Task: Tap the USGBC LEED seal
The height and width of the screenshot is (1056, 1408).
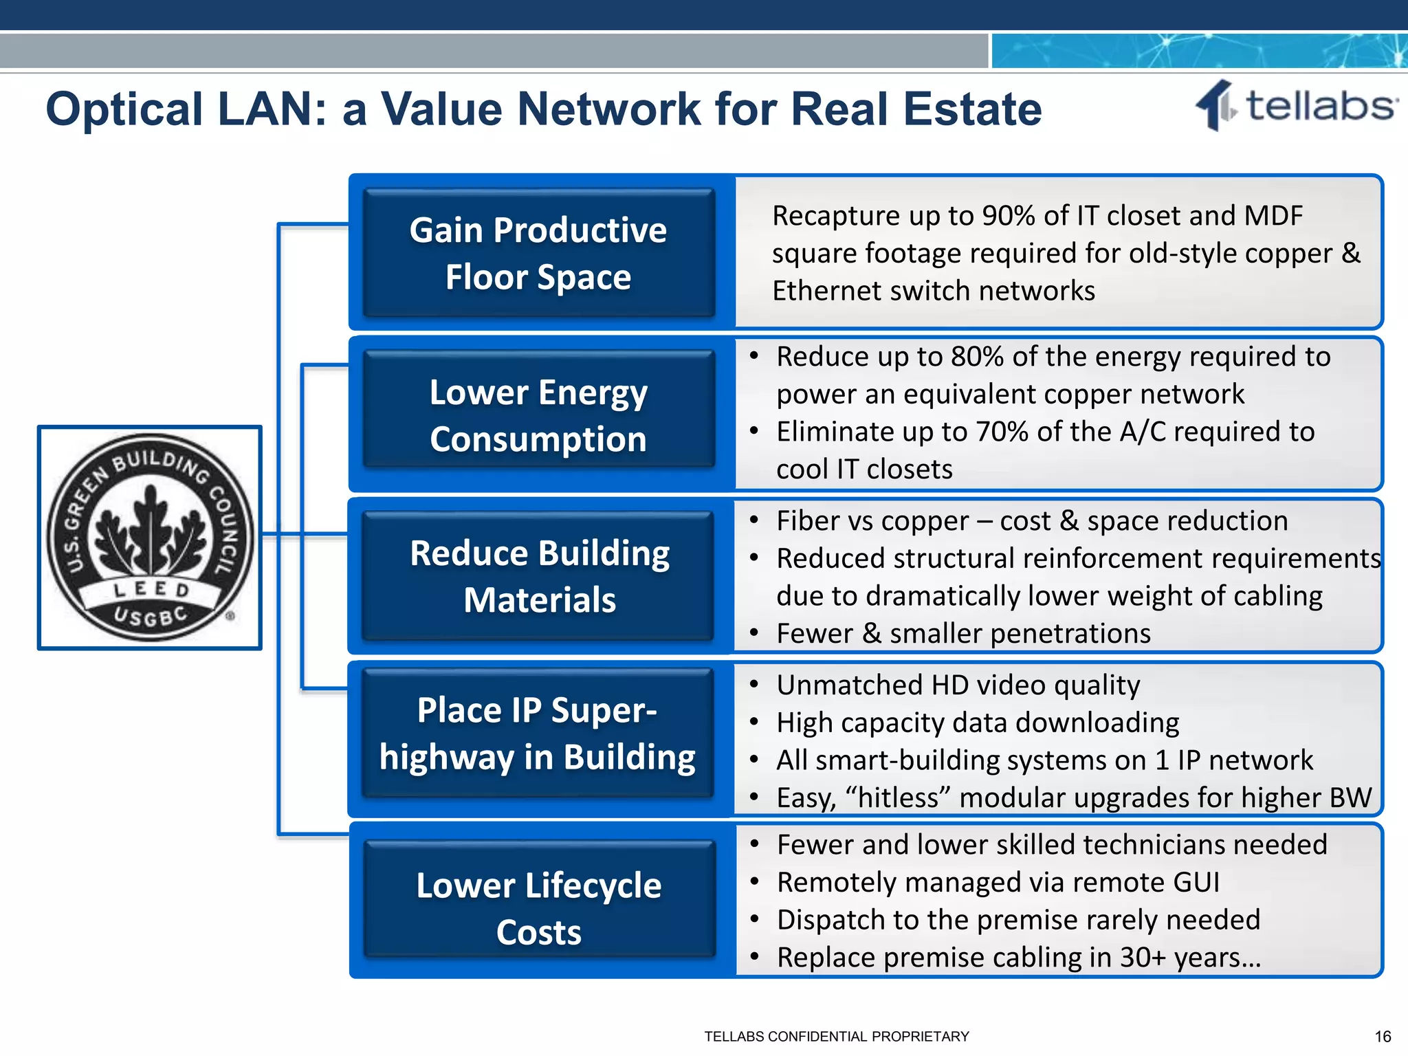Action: pos(150,537)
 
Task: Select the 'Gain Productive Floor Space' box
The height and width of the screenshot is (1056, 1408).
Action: pos(538,253)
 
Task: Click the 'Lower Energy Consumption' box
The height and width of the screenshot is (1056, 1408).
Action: pos(538,415)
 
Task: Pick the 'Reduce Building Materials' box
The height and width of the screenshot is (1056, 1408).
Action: pos(539,576)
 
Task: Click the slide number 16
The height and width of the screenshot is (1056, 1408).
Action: pos(1383,1037)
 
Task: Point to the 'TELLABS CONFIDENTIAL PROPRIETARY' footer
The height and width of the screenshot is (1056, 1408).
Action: pos(837,1037)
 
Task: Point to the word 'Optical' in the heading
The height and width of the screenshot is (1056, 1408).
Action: pos(124,109)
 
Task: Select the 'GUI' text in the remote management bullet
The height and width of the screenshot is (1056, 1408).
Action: pos(1197,883)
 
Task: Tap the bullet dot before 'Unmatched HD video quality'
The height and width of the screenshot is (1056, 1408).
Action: pos(754,685)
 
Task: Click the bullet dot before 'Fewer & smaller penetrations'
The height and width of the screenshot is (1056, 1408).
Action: pos(754,633)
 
